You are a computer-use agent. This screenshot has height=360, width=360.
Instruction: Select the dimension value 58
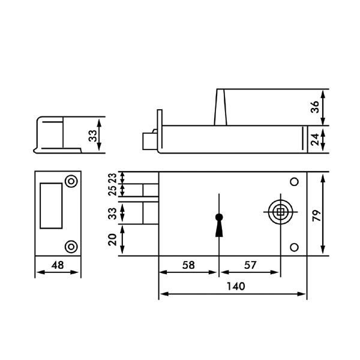pos(187,264)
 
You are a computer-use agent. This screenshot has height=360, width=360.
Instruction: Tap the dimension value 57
pos(248,264)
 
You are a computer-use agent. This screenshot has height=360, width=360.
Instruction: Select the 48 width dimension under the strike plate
pos(57,265)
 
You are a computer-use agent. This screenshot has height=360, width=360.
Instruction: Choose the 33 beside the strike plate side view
pos(92,136)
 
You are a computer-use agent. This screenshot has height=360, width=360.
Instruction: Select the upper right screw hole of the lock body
pos(294,182)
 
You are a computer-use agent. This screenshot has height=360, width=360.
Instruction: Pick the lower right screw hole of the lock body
pos(294,247)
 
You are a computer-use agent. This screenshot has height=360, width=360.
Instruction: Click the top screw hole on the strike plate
pos(71,181)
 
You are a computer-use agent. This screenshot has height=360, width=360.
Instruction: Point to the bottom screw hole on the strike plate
pos(71,245)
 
